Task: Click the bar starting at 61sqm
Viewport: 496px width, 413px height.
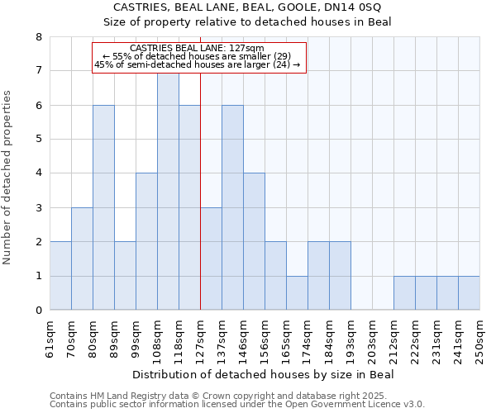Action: click(x=60, y=276)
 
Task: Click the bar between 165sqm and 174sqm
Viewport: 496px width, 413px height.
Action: click(x=297, y=293)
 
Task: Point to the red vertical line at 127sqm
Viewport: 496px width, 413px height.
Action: click(x=201, y=206)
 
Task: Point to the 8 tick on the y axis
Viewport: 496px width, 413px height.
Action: click(x=38, y=37)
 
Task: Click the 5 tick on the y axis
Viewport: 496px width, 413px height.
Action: click(x=38, y=140)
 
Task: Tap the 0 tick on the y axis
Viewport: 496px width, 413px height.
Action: click(x=38, y=311)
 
